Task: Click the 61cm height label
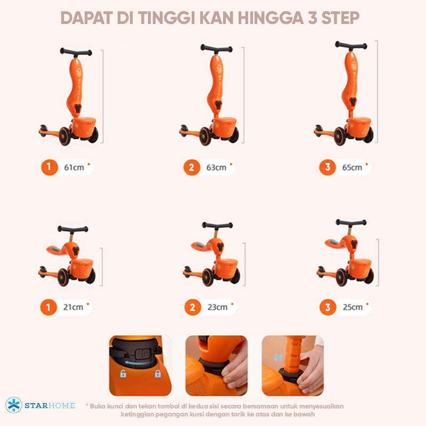click(x=74, y=167)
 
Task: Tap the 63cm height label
click(x=216, y=167)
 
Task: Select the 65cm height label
click(x=352, y=167)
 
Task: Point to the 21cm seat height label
click(x=73, y=307)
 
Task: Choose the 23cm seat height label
click(x=217, y=307)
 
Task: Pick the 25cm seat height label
click(x=353, y=307)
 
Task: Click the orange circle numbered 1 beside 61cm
click(x=49, y=167)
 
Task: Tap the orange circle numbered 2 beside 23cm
click(x=193, y=307)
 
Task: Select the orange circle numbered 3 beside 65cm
click(x=327, y=167)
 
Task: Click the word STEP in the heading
click(x=340, y=18)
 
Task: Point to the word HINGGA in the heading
click(x=271, y=18)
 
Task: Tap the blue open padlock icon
click(x=123, y=374)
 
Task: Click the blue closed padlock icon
click(x=158, y=374)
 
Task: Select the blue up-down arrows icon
click(x=278, y=357)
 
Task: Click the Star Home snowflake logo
click(x=14, y=405)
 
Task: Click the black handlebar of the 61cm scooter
click(x=76, y=52)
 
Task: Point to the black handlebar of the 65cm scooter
click(x=351, y=45)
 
